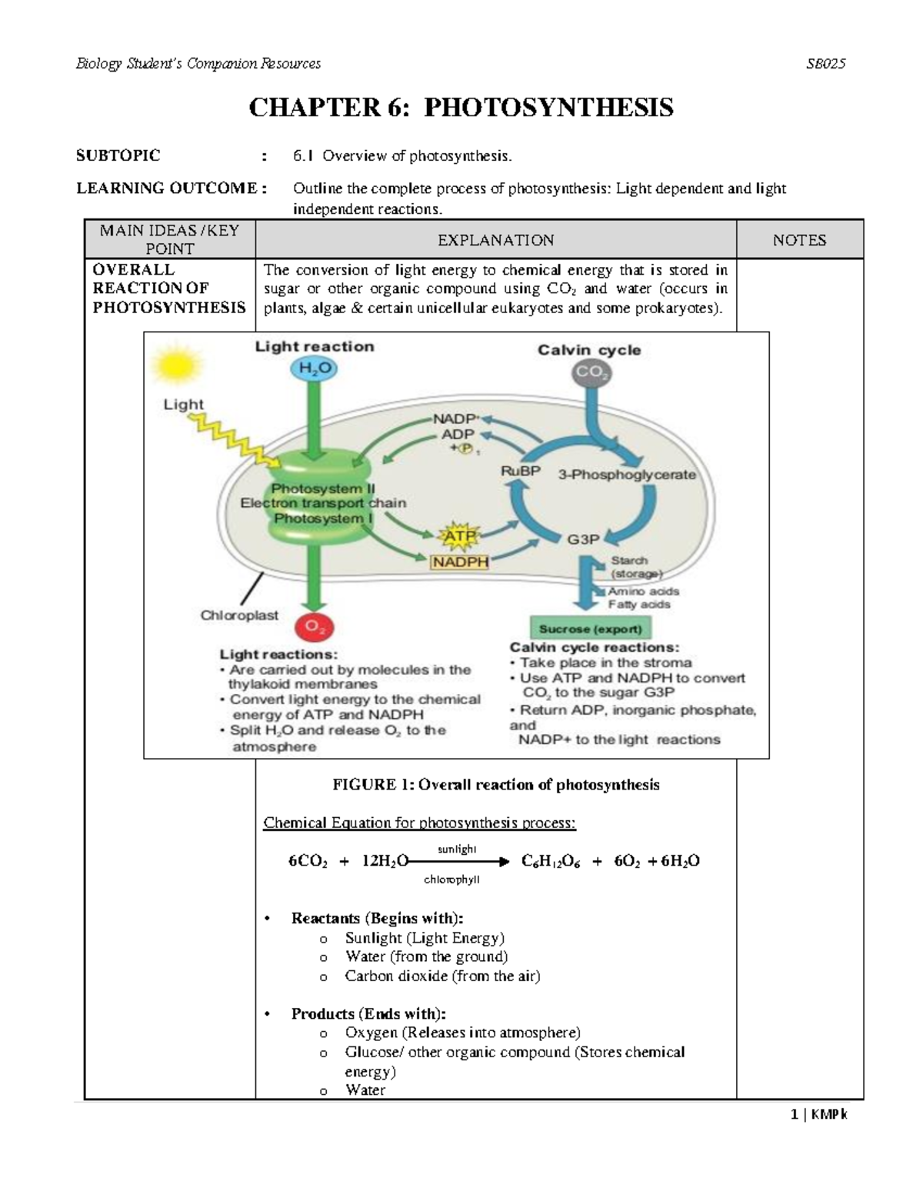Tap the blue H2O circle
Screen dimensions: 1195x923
[314, 370]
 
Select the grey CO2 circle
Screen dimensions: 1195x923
[589, 373]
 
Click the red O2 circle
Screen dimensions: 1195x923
[314, 627]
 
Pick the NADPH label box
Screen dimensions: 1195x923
[460, 562]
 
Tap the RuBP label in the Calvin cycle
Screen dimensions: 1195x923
[521, 471]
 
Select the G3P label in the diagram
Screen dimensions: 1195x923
[583, 539]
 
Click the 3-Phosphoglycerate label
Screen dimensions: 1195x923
[627, 475]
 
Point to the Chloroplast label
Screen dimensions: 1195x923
[239, 616]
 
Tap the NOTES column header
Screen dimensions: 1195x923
[799, 240]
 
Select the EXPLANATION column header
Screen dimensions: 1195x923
[495, 240]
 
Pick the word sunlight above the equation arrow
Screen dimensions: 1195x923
[457, 849]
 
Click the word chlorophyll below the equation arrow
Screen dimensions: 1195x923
[452, 880]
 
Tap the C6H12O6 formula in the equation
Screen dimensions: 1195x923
[551, 861]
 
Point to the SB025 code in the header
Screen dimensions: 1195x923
[825, 64]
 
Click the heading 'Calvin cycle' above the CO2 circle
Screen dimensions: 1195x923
[588, 350]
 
